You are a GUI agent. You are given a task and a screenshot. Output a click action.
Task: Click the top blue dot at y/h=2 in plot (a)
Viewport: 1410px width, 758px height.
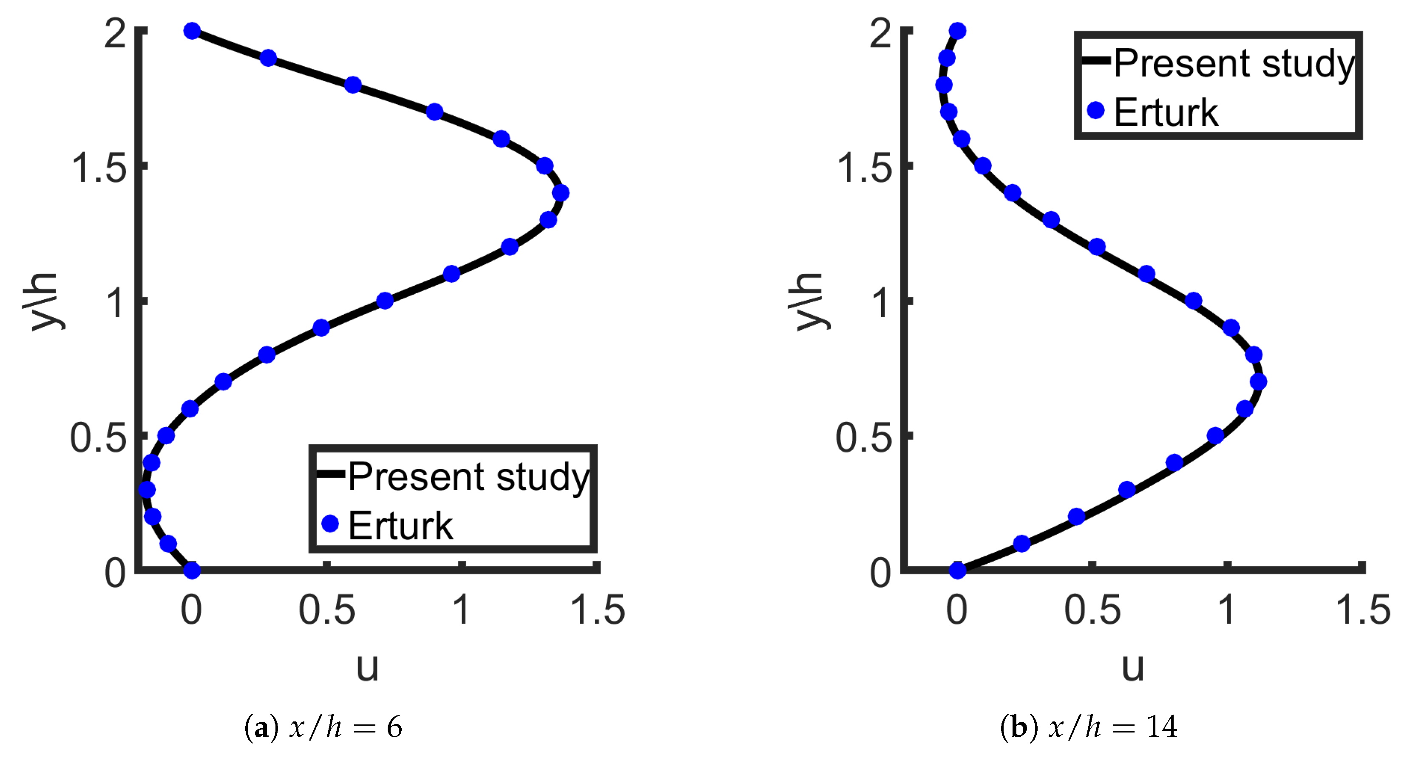pyautogui.click(x=192, y=31)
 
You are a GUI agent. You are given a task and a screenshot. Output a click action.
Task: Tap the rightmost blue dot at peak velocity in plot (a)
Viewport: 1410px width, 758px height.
pyautogui.click(x=561, y=193)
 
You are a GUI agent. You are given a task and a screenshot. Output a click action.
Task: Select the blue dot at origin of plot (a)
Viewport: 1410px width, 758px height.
pyautogui.click(x=192, y=570)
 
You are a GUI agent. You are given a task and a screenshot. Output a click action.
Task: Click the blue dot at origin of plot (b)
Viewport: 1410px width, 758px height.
pyautogui.click(x=957, y=570)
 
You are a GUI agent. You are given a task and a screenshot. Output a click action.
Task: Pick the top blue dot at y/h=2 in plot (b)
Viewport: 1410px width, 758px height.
pyautogui.click(x=957, y=31)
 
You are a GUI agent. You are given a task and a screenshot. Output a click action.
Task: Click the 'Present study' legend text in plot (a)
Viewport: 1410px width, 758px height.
pyautogui.click(x=468, y=476)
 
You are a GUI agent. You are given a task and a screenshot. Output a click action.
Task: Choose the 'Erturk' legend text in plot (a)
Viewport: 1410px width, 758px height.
pyautogui.click(x=401, y=526)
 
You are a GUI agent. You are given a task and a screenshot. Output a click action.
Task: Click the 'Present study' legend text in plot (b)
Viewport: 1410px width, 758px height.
pyautogui.click(x=1234, y=63)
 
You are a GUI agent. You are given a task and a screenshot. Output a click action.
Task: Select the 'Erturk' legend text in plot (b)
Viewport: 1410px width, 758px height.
pyautogui.click(x=1166, y=113)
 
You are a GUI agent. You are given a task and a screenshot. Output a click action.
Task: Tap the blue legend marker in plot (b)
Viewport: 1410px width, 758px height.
pyautogui.click(x=1095, y=111)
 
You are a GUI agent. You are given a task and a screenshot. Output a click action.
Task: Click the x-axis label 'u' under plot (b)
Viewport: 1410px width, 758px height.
pyautogui.click(x=1133, y=667)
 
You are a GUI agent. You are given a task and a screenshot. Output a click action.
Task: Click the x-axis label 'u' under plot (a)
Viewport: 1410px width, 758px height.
pyautogui.click(x=367, y=667)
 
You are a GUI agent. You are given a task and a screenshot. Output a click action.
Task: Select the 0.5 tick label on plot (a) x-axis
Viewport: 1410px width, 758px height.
pyautogui.click(x=327, y=610)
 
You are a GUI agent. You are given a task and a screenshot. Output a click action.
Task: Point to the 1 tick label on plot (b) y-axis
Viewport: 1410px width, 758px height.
pyautogui.click(x=882, y=302)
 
